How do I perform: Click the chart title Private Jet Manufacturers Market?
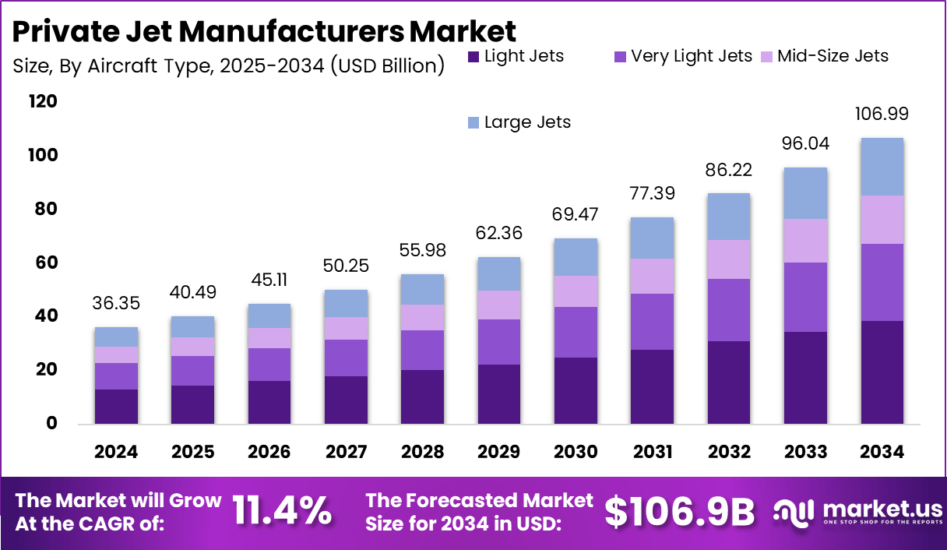pyautogui.click(x=264, y=31)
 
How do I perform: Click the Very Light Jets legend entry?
pyautogui.click(x=683, y=56)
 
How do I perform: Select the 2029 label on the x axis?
pyautogui.click(x=499, y=453)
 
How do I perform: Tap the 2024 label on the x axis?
pyautogui.click(x=116, y=453)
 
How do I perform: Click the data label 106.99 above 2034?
pyautogui.click(x=882, y=115)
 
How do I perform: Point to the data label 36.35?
pyautogui.click(x=116, y=302)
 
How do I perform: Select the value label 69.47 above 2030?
pyautogui.click(x=576, y=213)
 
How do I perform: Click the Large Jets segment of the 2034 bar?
pyautogui.click(x=882, y=167)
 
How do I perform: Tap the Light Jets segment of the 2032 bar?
pyautogui.click(x=729, y=383)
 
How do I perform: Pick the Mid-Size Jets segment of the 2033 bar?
pyautogui.click(x=805, y=241)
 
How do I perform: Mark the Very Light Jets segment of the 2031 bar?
pyautogui.click(x=653, y=322)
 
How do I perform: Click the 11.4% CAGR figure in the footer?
pyautogui.click(x=282, y=512)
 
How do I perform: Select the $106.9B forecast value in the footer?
pyautogui.click(x=680, y=512)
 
